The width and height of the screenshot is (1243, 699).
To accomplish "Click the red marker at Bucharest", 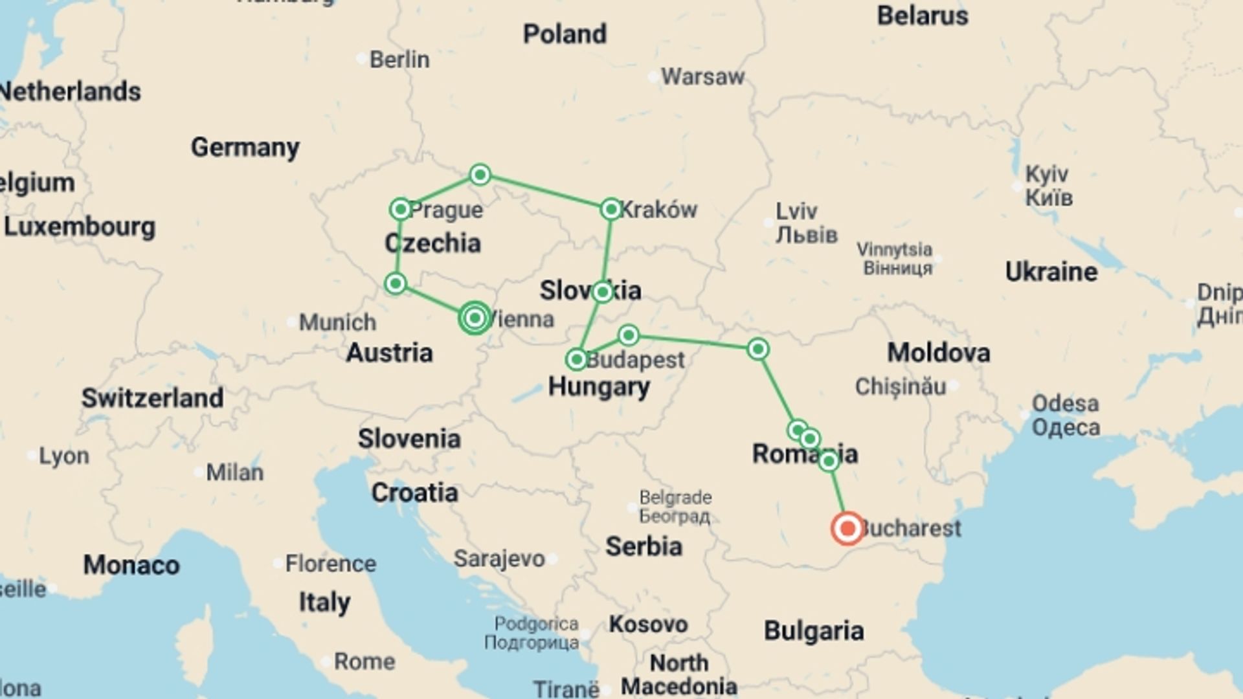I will pos(847,528).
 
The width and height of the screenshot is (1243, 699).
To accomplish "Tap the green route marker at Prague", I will pos(401,209).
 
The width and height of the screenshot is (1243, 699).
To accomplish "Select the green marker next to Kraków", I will pos(610,209).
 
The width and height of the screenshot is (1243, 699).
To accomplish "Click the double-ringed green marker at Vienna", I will pos(475,318).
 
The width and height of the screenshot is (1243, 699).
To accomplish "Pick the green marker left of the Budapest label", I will pos(576,359).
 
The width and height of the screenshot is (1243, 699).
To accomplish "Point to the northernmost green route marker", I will pos(480,174).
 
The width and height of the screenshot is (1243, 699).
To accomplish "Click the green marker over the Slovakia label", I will pos(602,292).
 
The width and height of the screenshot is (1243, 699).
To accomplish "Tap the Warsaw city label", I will pos(702,77).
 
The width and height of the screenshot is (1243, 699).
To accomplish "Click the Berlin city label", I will pos(399,60).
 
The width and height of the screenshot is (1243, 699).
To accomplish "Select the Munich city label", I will pos(337,322).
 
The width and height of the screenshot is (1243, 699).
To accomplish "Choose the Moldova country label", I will pos(938,353).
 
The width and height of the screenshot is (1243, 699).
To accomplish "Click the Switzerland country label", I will pos(152,398).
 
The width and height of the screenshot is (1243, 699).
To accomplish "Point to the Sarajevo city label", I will pos(498,559).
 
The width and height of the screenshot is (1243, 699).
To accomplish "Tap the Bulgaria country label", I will pos(813,631).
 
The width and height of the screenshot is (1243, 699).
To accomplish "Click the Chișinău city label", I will pos(900,387).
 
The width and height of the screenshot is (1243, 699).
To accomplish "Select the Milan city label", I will pos(234,472).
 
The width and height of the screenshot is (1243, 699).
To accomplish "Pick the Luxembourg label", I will pos(80,227).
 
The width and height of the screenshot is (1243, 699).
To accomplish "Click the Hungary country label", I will pos(599,387).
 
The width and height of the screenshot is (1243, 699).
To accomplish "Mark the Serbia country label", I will pos(644,547).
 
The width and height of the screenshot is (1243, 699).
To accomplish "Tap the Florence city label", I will pos(330,564).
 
